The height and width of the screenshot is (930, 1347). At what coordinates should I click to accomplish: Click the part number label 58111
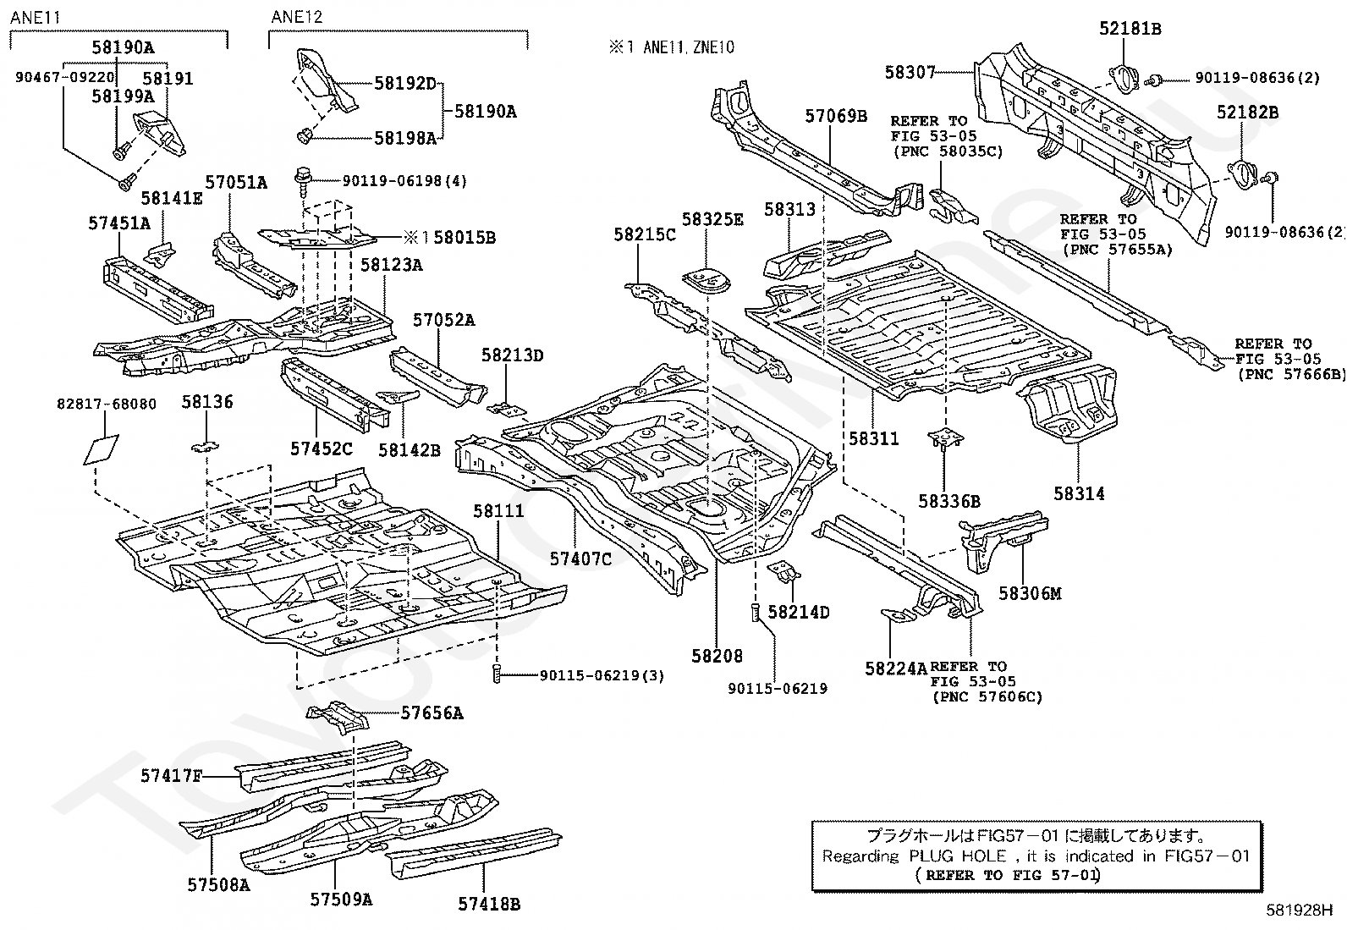(x=498, y=511)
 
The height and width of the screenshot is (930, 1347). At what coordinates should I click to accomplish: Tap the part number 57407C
(x=580, y=559)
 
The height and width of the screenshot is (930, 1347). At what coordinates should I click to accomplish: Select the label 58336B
(x=949, y=502)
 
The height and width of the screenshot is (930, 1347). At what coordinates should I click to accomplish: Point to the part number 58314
(x=1079, y=493)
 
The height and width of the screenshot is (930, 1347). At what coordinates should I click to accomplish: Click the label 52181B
(x=1130, y=29)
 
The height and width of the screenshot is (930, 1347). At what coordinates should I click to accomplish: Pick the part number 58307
(x=910, y=73)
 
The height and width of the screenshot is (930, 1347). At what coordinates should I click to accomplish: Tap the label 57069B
(x=836, y=116)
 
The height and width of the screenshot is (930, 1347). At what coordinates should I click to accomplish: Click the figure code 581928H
(x=1299, y=911)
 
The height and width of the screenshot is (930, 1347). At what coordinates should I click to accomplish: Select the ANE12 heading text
(x=297, y=17)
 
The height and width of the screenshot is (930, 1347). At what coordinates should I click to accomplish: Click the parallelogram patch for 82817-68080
(x=101, y=448)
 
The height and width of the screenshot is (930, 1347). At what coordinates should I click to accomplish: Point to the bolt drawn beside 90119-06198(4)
(x=302, y=179)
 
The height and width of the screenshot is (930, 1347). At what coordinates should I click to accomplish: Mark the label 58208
(x=717, y=655)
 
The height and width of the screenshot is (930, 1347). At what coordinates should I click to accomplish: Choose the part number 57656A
(x=432, y=713)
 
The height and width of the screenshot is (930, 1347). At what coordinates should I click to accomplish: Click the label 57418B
(x=489, y=904)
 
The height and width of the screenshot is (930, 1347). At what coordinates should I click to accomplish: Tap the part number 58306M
(x=1030, y=593)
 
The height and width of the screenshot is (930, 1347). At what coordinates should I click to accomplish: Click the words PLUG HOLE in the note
(x=959, y=856)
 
